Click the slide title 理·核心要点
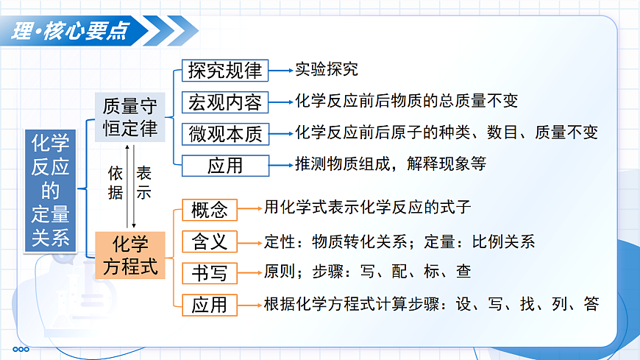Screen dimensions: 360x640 (71, 31)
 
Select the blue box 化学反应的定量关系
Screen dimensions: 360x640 (50, 191)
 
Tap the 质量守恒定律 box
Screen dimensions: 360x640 (130, 117)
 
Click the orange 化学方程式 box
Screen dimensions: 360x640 (130, 255)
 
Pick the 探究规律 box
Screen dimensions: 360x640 (224, 71)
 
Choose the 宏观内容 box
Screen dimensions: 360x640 (224, 102)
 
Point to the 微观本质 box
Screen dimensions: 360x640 (224, 134)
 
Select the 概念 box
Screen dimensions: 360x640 (210, 209)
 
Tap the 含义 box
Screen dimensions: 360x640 (210, 241)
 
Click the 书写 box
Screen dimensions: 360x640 (210, 272)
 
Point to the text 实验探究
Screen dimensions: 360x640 (327, 70)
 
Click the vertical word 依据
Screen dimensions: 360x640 (115, 183)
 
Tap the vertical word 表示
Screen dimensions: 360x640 (144, 183)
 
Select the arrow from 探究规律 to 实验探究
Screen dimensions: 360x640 (280, 71)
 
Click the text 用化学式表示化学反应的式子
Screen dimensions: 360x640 (367, 208)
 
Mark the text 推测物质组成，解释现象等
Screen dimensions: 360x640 (391, 164)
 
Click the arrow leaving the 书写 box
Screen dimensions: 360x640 (250, 272)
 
